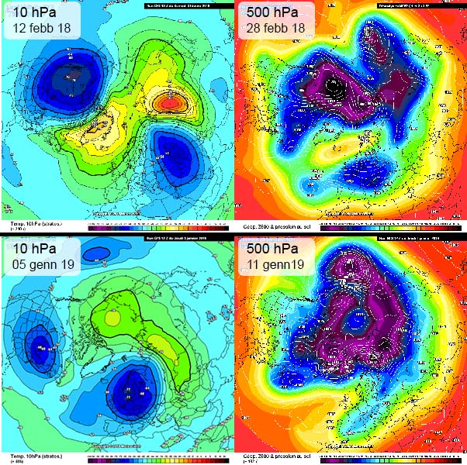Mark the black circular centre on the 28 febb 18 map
[334, 87]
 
